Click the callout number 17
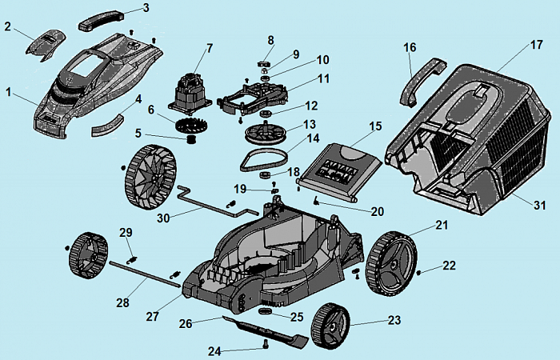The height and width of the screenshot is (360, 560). coord(536,45)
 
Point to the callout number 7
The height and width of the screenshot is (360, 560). coord(210,47)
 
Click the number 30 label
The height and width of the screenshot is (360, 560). coord(164,218)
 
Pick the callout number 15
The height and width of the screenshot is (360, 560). coord(376,127)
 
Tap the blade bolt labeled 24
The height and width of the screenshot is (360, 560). coord(264,345)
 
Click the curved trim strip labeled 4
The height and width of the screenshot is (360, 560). coord(108,120)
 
